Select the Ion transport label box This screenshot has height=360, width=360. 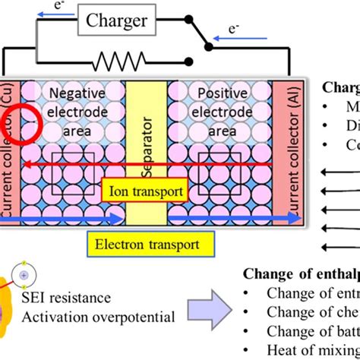coord(143,192)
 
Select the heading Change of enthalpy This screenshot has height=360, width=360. coord(301,275)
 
